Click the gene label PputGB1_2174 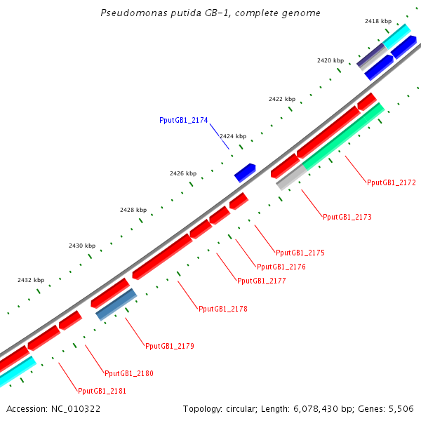coord(184,121)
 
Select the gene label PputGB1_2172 coord(391,182)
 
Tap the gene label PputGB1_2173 coord(347,217)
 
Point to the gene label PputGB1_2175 coord(300,253)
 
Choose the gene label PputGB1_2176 coord(281,267)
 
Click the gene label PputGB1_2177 coord(261,281)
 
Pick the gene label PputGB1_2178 coord(222,309)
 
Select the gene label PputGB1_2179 coord(169,346)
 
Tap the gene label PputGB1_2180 coord(128,373)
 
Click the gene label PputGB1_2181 coord(102,391)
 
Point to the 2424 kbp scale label coord(233,136)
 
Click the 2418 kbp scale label coord(377,22)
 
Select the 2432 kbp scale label coord(31,280)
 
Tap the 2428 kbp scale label coord(133,210)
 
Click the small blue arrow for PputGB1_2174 coord(245,172)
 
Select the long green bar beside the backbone coord(343,138)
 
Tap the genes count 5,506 coord(401,408)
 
